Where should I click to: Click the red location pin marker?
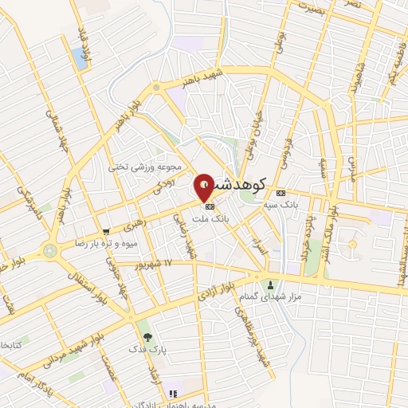[x=205, y=186]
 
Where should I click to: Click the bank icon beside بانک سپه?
[x=280, y=194]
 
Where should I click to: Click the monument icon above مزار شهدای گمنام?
[x=272, y=284]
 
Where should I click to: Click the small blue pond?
[x=79, y=56]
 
